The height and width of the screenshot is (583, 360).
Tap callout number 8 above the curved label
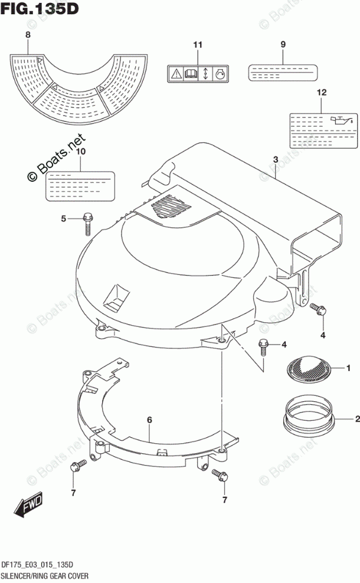[28, 36]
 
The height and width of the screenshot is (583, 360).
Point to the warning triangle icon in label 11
[176, 74]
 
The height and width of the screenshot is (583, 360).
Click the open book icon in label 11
[191, 74]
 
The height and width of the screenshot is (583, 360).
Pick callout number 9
[283, 45]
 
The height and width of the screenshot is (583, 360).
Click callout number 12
[321, 92]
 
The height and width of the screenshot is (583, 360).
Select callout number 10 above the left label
[80, 152]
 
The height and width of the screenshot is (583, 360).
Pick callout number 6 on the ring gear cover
[149, 420]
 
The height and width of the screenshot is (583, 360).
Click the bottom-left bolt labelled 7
[74, 467]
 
